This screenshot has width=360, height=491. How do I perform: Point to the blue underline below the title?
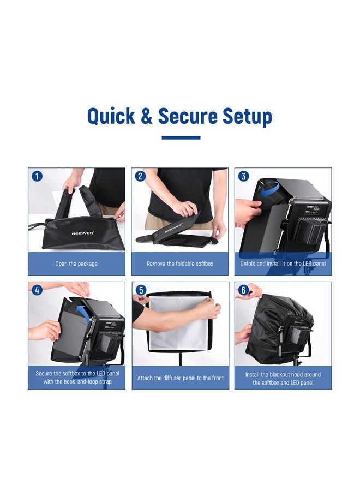[181, 138]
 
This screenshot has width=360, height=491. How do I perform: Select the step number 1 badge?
[37, 176]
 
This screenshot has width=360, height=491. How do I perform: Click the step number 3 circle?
[244, 176]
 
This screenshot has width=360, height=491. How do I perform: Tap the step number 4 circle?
[37, 290]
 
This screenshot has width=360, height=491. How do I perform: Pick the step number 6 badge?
[244, 290]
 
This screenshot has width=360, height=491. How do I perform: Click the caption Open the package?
[76, 264]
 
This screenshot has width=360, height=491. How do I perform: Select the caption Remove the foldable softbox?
[180, 264]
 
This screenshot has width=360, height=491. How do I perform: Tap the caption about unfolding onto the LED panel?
[283, 264]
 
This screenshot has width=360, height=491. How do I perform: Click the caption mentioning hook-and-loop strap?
[77, 378]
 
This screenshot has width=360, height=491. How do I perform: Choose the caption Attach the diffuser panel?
[180, 378]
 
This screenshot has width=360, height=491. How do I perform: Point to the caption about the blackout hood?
[283, 379]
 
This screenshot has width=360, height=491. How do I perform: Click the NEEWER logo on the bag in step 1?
[82, 232]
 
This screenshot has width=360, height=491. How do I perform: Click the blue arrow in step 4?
[83, 312]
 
